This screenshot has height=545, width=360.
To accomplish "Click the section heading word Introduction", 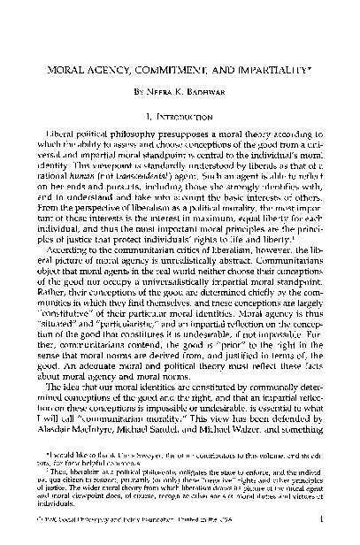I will pos(186,116).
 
